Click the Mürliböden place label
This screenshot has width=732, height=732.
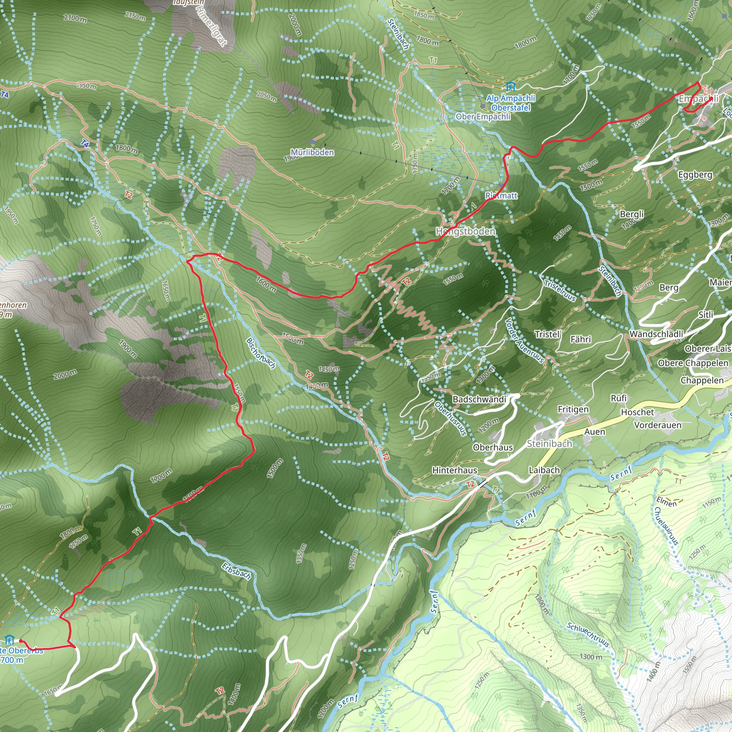(x=312, y=152)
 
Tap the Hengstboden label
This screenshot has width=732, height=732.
(x=466, y=231)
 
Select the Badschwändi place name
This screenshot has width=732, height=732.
(x=479, y=399)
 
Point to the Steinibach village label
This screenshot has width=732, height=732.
(x=549, y=444)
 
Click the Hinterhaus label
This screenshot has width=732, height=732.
(x=455, y=470)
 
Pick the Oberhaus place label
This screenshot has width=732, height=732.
(x=493, y=447)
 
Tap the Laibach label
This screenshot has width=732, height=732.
(x=544, y=470)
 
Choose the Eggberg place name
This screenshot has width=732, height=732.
(x=695, y=175)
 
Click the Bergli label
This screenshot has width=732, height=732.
(x=632, y=214)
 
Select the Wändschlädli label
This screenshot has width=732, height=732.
(x=656, y=334)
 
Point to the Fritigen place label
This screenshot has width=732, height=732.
(x=573, y=409)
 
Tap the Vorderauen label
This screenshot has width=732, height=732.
(x=658, y=425)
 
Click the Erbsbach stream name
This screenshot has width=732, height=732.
(x=236, y=571)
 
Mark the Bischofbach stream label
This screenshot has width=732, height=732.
(x=261, y=353)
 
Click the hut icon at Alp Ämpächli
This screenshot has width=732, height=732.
(x=510, y=86)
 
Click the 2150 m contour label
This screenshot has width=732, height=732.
(x=135, y=16)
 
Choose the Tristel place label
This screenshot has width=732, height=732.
(x=547, y=334)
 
